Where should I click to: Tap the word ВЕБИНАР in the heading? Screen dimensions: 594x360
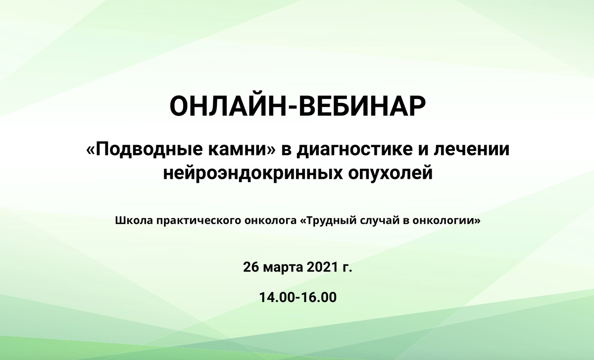(362, 106)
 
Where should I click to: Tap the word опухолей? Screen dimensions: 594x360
(391, 173)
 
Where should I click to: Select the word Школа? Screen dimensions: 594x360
(134, 220)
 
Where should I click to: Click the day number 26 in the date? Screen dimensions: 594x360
(250, 267)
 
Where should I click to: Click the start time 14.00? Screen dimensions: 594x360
(277, 298)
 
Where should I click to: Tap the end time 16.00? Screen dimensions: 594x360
(319, 298)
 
